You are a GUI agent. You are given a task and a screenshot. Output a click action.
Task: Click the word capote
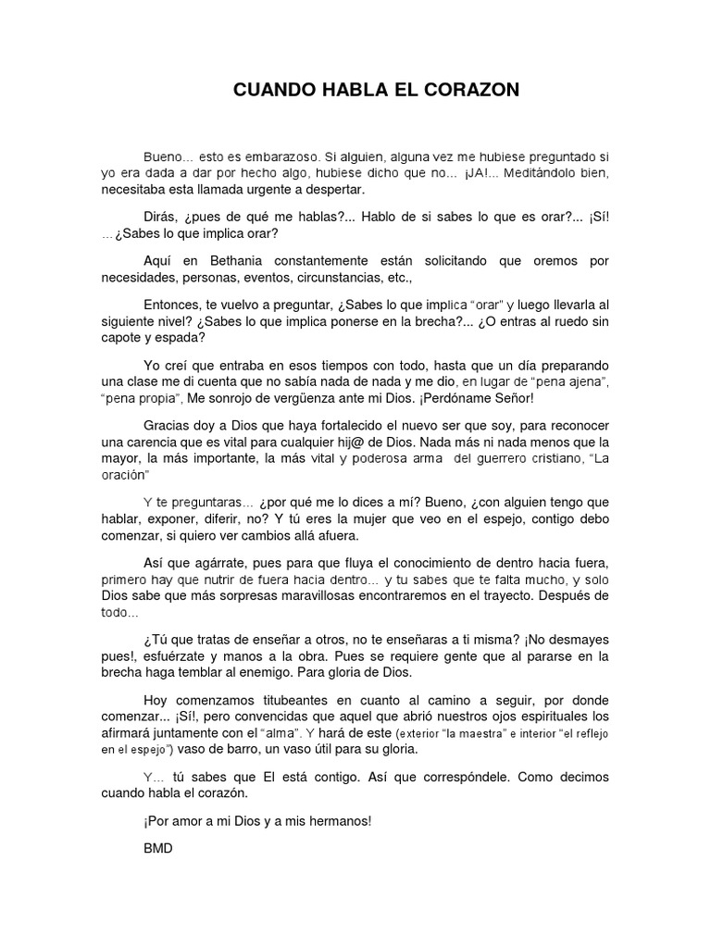click(123, 338)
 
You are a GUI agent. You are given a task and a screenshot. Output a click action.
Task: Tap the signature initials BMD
click(158, 847)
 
